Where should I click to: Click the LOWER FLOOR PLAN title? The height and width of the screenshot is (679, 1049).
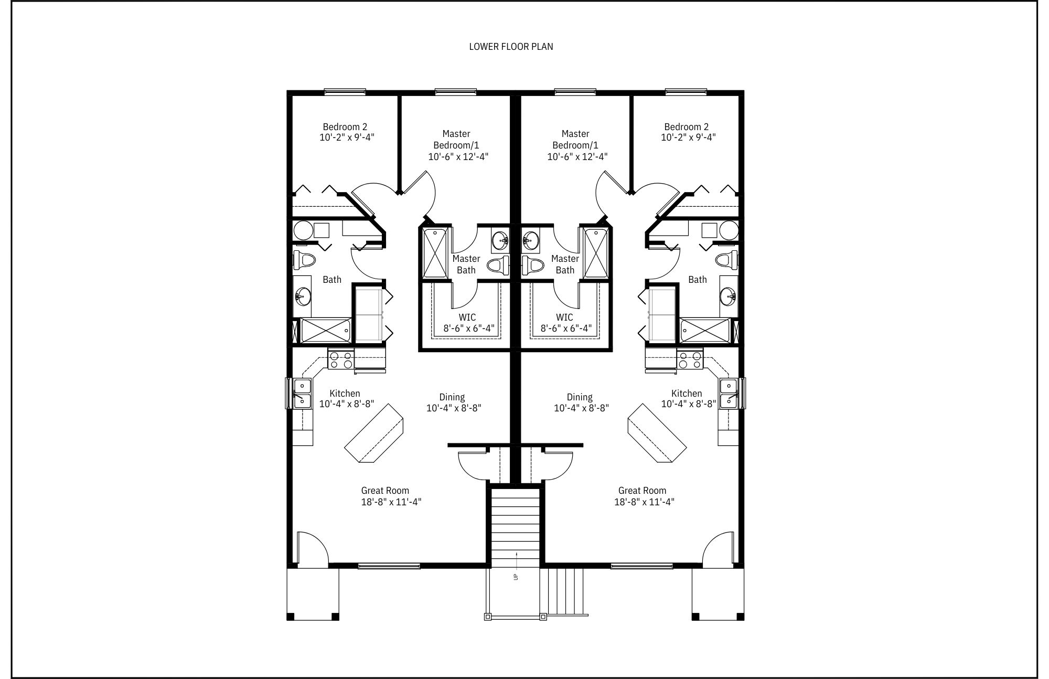tap(511, 47)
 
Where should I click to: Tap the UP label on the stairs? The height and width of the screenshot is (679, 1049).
tap(516, 576)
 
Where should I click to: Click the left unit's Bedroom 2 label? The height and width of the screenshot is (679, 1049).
tap(345, 126)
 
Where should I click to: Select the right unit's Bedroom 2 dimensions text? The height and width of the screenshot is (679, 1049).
tap(688, 137)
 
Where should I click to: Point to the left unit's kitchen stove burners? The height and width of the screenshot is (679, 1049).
tap(341, 360)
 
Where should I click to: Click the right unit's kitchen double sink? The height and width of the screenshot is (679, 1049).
tap(729, 394)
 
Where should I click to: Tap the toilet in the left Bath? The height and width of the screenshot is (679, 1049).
tap(305, 259)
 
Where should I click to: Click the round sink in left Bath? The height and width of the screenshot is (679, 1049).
tap(302, 296)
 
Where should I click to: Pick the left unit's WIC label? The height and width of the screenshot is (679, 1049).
tap(467, 317)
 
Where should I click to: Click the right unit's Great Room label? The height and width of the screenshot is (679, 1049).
tap(642, 491)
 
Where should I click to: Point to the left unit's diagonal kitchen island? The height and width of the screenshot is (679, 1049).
tap(374, 433)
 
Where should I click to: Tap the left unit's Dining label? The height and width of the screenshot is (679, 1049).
tap(452, 397)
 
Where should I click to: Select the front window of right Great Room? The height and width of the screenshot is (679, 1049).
tap(642, 566)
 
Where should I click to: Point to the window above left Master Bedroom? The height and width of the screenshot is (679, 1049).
tap(455, 92)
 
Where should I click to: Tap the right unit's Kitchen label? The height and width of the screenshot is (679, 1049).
tap(686, 394)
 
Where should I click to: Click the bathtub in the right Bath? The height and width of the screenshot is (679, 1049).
tap(705, 331)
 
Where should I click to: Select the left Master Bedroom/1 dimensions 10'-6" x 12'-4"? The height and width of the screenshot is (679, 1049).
tap(458, 156)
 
